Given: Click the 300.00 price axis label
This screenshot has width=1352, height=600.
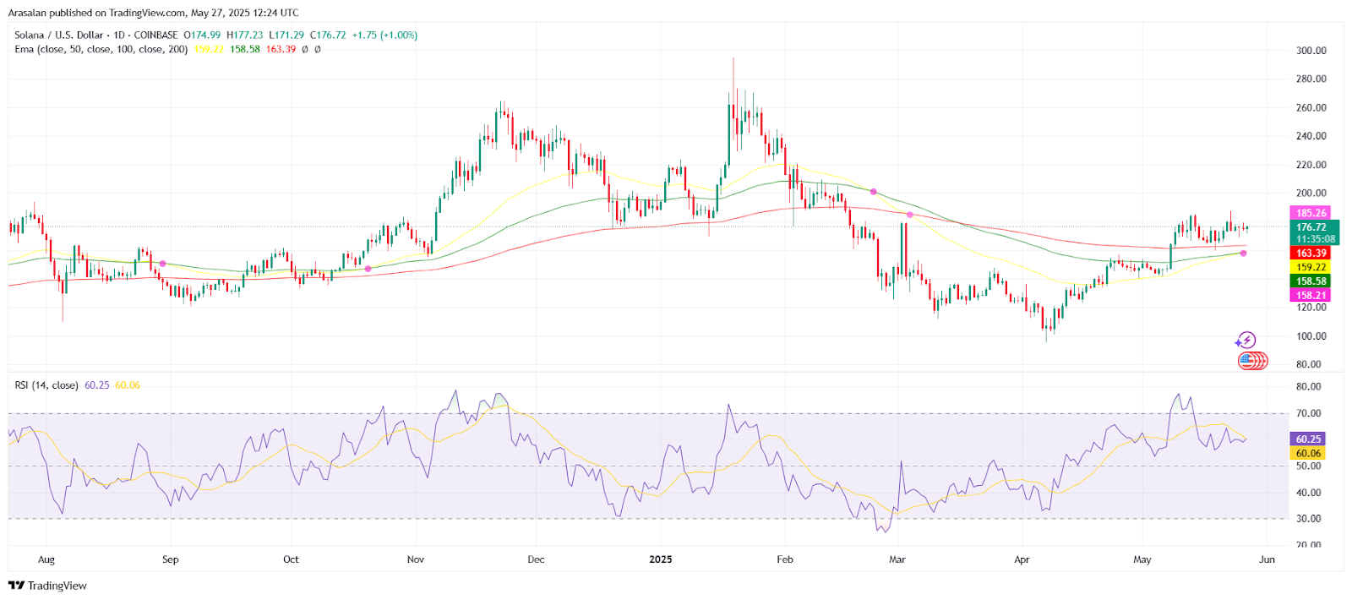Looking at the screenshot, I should pos(1311,51).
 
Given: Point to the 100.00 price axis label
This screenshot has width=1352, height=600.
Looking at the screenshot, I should pos(1311,336).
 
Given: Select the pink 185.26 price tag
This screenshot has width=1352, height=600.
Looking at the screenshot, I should pos(1311,213).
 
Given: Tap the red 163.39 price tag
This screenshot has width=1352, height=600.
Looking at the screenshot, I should pos(1311,253).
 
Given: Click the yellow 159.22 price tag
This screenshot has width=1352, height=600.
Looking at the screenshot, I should pos(1311,267).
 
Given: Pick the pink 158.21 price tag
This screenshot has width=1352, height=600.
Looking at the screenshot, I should pos(1311,295).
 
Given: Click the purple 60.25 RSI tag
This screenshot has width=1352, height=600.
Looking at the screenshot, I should pos(1308,439).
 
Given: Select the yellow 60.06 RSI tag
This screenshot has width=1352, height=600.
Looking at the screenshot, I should pos(1308,453).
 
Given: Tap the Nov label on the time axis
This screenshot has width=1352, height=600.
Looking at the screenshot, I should pos(416,559).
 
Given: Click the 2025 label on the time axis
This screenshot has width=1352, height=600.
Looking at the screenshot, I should pos(660,559).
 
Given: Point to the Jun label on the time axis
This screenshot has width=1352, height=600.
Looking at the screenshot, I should pos(1267,559).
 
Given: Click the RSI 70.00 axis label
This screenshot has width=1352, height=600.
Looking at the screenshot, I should pos(1308,414).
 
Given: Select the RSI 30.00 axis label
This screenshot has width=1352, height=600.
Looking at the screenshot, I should pos(1308,519).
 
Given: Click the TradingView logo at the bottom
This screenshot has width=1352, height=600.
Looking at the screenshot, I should pos(48,586).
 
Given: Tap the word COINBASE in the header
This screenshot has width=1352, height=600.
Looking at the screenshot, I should pos(155,35).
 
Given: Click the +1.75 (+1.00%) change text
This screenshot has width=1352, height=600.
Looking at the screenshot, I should pos(384,35).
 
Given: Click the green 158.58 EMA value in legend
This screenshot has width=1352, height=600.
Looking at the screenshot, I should pos(245,49).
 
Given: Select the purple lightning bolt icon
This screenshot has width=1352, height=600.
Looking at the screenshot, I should pos(1246,341).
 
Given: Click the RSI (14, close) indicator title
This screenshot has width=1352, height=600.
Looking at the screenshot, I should pos(46,385).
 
